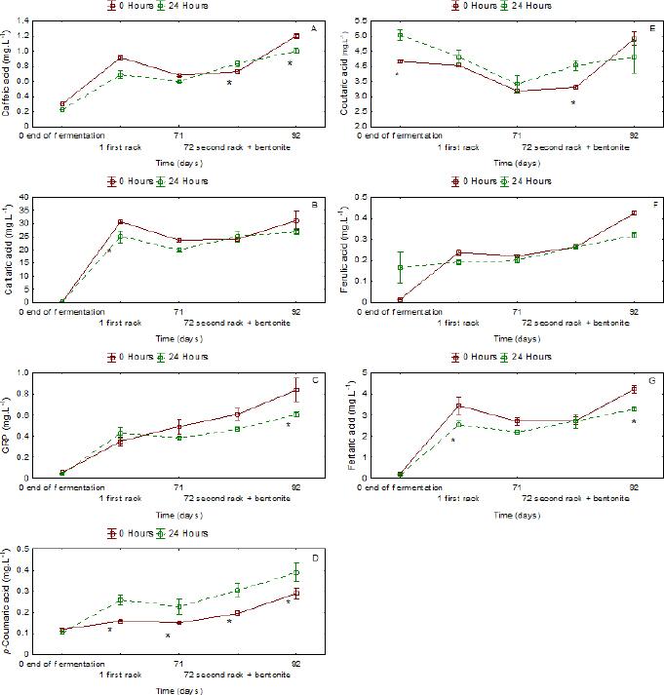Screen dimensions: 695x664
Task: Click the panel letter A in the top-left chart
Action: (x=312, y=27)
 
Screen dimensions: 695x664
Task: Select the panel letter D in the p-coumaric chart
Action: (x=312, y=557)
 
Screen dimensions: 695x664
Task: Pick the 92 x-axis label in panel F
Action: (x=634, y=311)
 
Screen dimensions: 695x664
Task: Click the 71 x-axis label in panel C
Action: (x=179, y=487)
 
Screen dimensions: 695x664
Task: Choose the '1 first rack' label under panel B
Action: (x=120, y=322)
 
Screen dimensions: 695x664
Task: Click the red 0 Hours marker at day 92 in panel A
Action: (x=296, y=36)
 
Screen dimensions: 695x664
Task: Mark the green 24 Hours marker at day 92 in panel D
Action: (x=296, y=573)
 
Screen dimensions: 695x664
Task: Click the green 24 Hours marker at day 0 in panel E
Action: (x=400, y=35)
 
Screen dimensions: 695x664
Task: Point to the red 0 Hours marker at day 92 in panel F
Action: (x=634, y=212)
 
